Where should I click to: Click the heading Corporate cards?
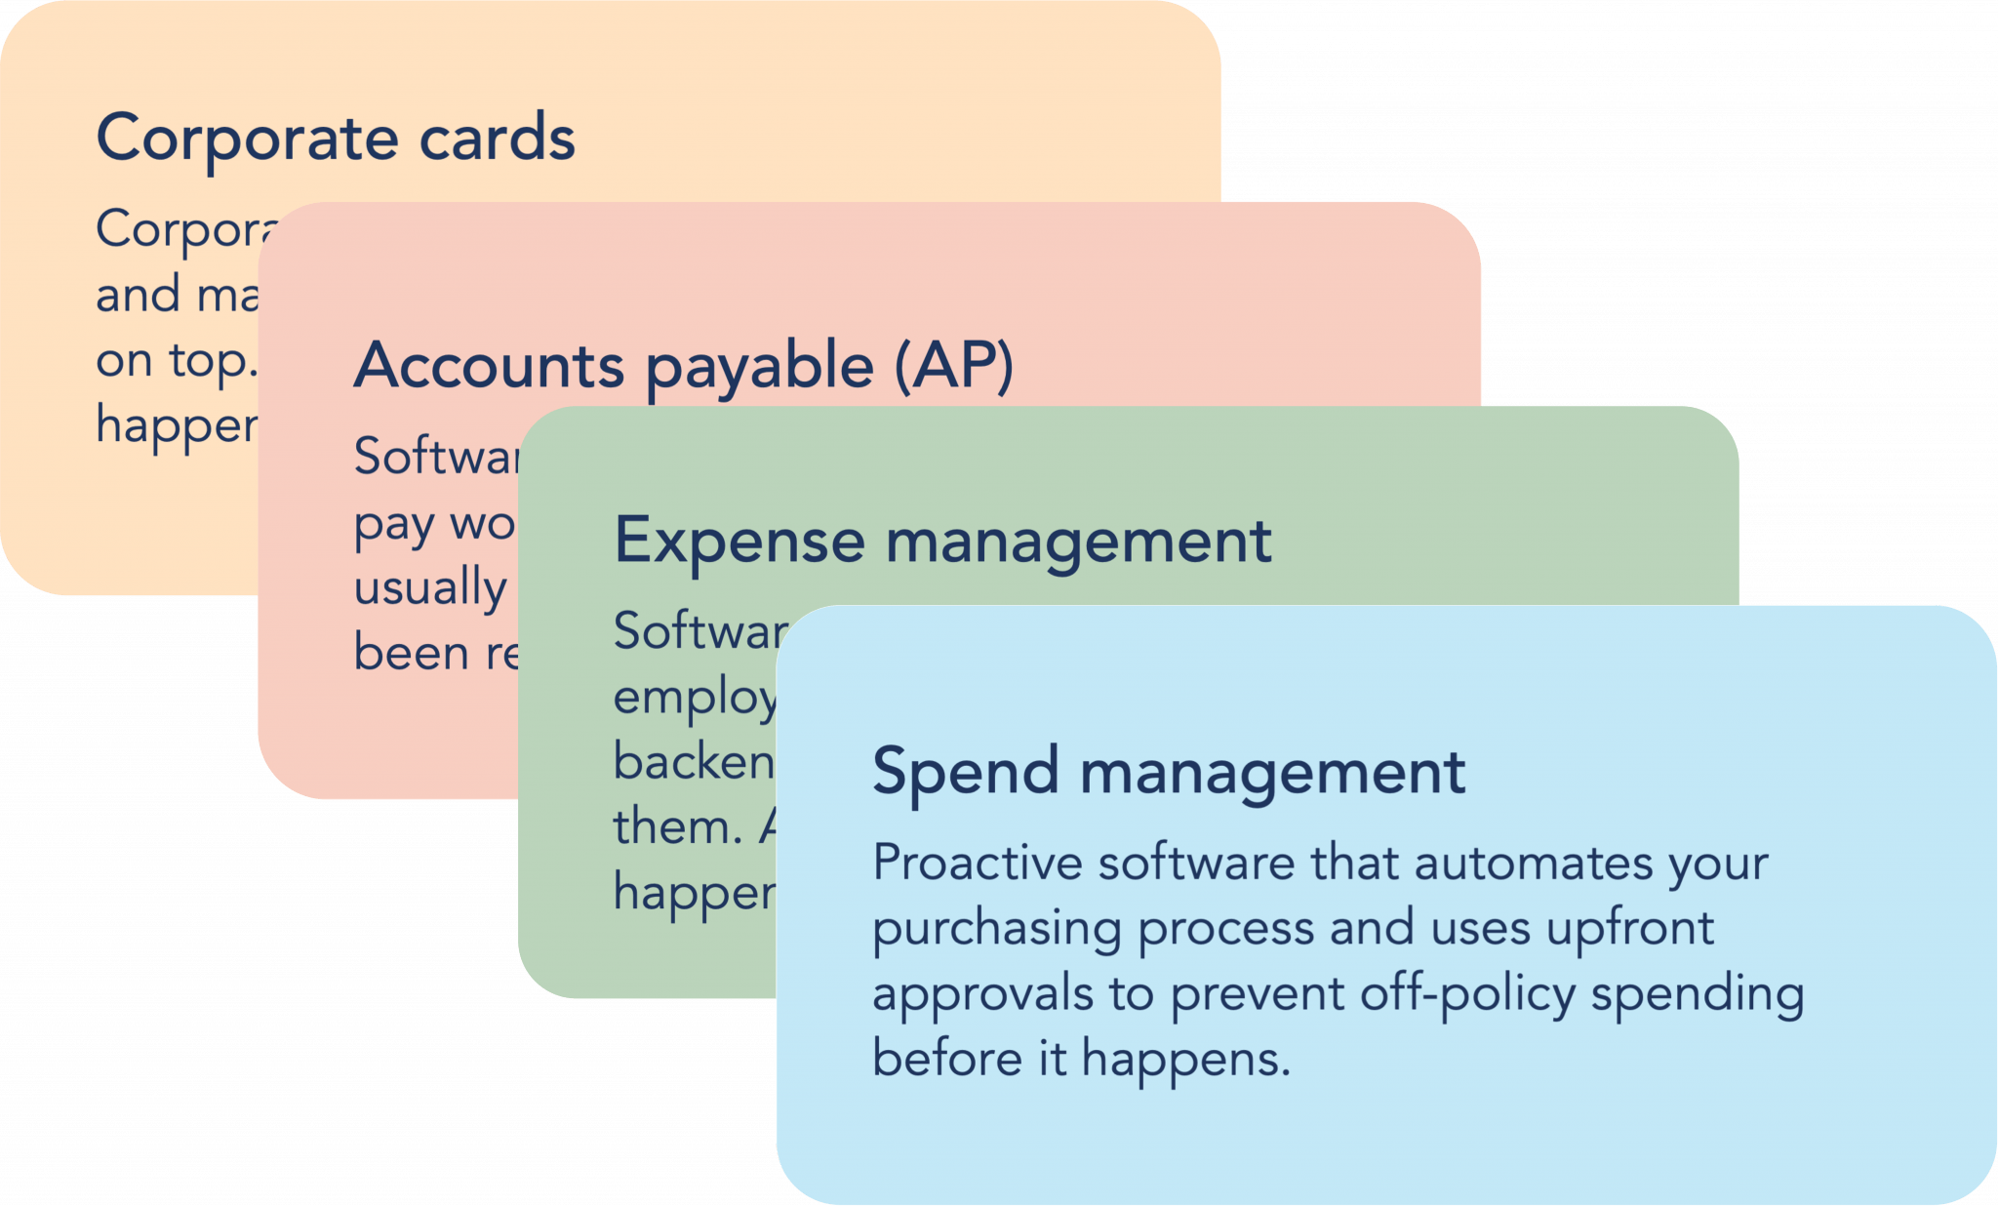(x=336, y=138)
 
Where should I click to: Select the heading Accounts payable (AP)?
(x=683, y=366)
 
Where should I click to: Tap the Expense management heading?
(x=942, y=541)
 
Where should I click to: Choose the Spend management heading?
(x=1168, y=771)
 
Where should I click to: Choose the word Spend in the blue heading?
(x=965, y=772)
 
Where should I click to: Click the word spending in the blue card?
(x=1698, y=995)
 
